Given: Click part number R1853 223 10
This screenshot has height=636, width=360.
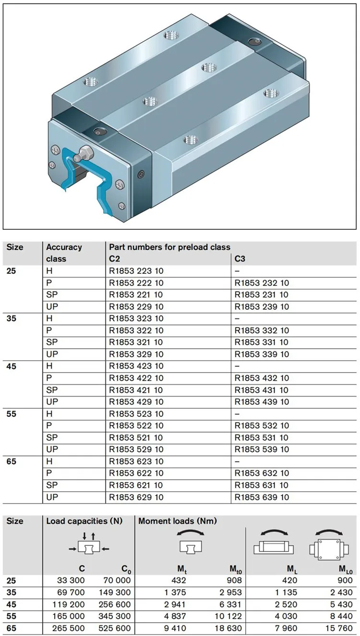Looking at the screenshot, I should [136, 271].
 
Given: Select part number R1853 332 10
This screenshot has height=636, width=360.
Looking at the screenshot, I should [262, 330].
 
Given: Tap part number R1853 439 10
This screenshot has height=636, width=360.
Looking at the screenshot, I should [262, 402].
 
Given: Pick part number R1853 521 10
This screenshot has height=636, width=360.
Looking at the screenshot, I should [136, 437].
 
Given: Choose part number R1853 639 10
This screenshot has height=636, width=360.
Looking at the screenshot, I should [262, 497].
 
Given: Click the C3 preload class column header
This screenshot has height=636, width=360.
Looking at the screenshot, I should [240, 259].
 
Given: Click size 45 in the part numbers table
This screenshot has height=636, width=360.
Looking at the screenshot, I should [11, 366].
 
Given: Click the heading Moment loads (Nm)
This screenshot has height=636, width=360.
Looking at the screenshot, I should [178, 521].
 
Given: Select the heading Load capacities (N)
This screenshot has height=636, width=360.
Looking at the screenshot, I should [84, 521].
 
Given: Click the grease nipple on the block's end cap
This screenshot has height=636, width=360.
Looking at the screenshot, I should [86, 153].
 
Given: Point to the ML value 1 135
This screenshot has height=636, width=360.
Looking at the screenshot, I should [287, 592].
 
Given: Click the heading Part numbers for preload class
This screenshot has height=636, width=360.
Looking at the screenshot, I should [169, 247].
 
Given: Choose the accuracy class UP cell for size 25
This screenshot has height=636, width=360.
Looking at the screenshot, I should [52, 306].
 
